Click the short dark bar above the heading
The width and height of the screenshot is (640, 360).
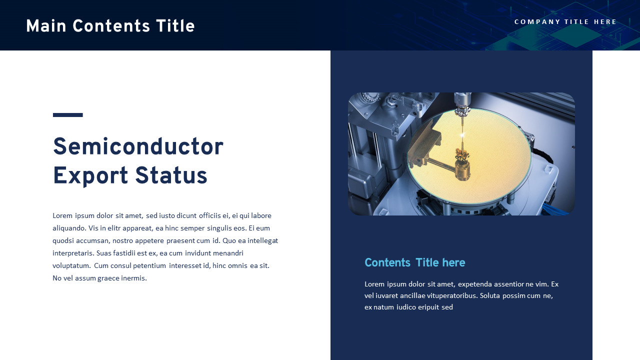click(x=67, y=115)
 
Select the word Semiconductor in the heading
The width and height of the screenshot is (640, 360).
click(x=138, y=147)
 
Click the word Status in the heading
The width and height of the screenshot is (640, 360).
click(x=171, y=176)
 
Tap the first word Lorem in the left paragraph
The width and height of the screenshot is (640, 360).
click(x=62, y=215)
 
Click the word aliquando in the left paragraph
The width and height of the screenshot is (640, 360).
click(x=69, y=228)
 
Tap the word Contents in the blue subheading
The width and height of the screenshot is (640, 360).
click(x=387, y=262)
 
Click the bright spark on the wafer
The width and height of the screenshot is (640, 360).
click(x=463, y=134)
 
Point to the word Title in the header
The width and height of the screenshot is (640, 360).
click(x=175, y=26)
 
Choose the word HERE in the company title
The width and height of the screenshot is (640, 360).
click(x=605, y=22)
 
